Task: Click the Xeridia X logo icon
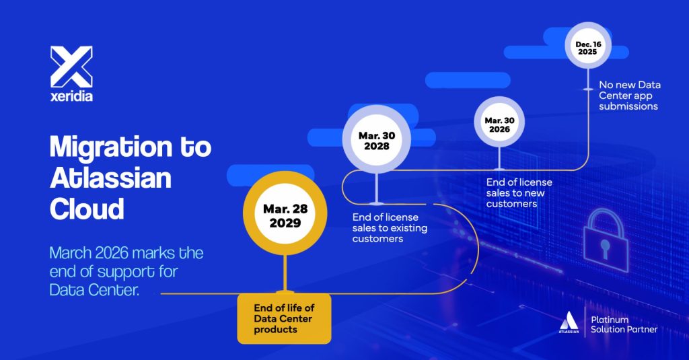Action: [71, 66]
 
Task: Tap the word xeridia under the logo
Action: [71, 96]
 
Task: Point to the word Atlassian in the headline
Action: [110, 178]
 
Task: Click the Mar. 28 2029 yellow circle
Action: [285, 217]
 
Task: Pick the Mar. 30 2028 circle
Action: [377, 141]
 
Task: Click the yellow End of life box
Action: [284, 318]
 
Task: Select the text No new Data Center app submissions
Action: [630, 96]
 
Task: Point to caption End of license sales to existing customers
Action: [390, 227]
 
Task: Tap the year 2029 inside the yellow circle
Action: [285, 223]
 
